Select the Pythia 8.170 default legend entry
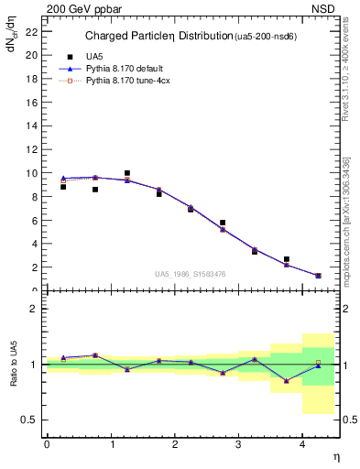121,69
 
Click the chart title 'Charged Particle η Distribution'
159,37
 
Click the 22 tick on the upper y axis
31,30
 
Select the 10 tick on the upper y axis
31,172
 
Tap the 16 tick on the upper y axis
31,102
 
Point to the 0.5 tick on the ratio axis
28,420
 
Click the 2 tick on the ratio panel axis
34,309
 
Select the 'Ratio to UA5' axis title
14,365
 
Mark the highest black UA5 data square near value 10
126,172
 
